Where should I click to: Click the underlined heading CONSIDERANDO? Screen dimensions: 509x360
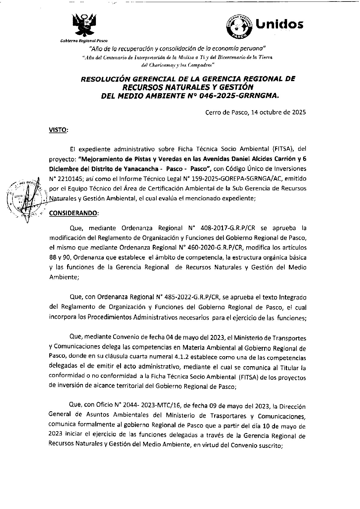[x=73, y=213]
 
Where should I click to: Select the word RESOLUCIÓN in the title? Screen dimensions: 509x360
[x=104, y=79]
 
